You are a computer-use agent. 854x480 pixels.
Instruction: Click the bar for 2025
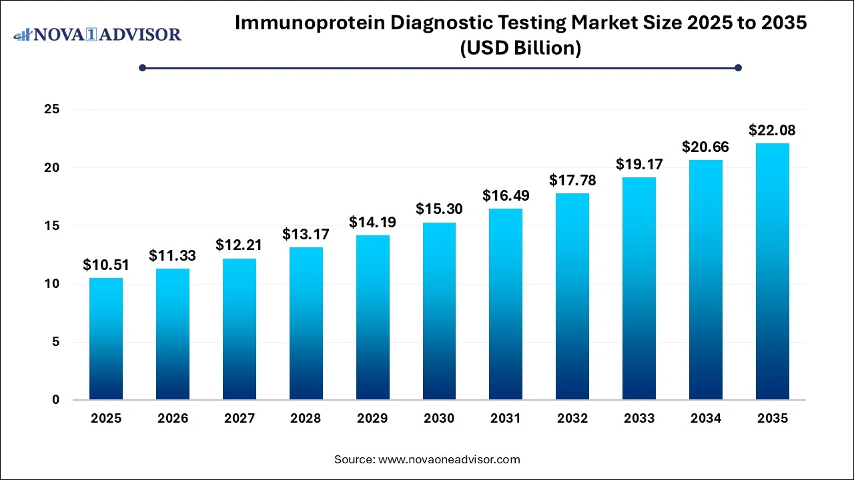point(106,339)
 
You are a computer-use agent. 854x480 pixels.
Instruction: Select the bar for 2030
point(439,311)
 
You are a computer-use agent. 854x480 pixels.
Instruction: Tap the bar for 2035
point(772,271)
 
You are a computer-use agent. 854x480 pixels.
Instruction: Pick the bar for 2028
point(306,323)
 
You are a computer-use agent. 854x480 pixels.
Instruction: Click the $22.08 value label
point(772,130)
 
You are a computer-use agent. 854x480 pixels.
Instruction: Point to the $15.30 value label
point(439,209)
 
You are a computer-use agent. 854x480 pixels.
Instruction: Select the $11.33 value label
point(173,255)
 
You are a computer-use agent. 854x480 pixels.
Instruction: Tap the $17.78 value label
point(572,180)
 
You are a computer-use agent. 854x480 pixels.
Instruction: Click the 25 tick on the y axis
point(52,109)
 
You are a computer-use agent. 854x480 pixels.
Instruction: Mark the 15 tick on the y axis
point(52,226)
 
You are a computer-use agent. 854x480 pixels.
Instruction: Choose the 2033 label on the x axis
point(639,419)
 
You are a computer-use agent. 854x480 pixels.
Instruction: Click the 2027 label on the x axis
point(240,419)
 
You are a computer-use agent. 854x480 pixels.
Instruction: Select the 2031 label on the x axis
point(506,419)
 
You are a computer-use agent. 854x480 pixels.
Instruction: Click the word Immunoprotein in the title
point(308,23)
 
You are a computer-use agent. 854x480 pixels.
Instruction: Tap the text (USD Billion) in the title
point(520,48)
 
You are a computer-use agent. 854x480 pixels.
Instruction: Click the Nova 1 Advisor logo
point(97,34)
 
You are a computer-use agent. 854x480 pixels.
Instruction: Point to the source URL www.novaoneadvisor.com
point(449,459)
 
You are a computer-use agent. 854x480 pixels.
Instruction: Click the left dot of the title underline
point(142,67)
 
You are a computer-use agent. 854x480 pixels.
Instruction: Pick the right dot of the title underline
point(738,67)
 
